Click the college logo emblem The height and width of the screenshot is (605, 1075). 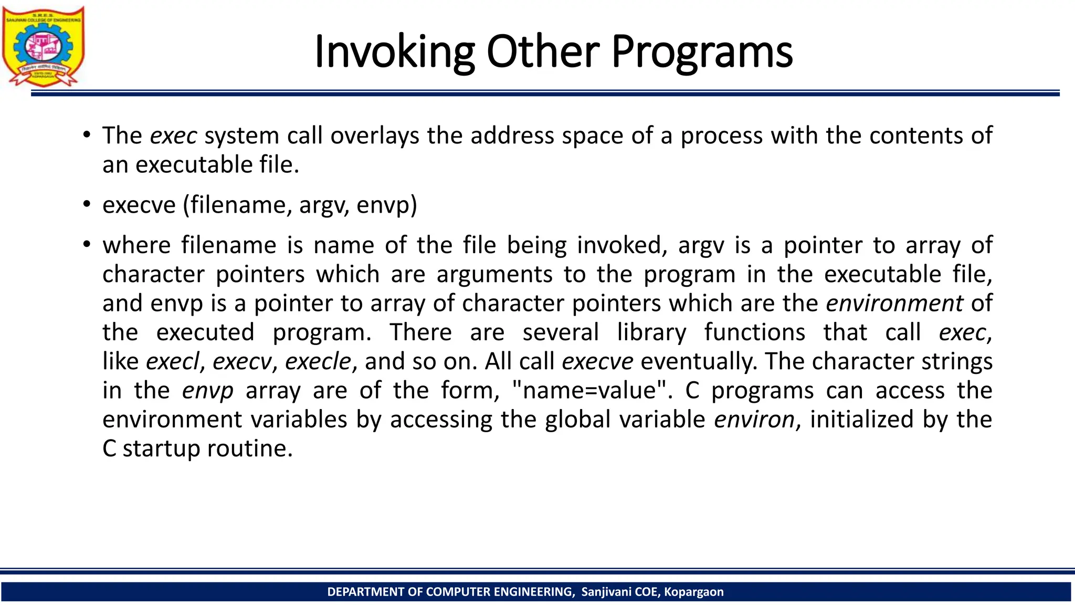point(43,46)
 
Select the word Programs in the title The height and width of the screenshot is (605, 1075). point(702,52)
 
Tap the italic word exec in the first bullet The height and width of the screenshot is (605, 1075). point(173,136)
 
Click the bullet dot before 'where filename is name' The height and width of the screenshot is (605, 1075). point(87,245)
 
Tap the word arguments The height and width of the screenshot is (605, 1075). point(494,275)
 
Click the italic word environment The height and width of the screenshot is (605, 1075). point(894,304)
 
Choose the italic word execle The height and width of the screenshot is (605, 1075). point(318,361)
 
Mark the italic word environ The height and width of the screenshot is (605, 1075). point(754,420)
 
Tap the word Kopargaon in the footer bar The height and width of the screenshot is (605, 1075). point(693,592)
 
